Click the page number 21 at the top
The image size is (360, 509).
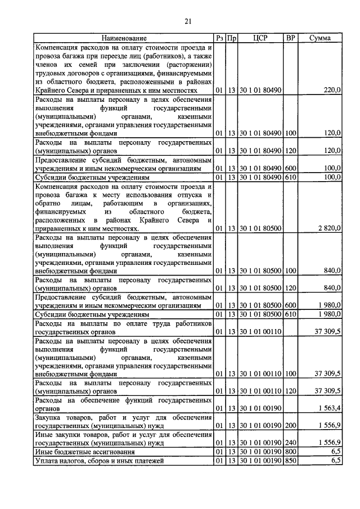[188, 21]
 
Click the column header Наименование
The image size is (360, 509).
[124, 38]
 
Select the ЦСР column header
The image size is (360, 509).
[260, 38]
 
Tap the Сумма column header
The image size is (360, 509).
[320, 38]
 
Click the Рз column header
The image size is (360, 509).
[219, 38]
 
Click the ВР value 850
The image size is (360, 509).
[290, 461]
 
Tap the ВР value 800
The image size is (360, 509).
[290, 452]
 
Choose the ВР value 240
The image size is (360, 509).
[290, 443]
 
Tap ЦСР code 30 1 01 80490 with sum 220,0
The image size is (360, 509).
[260, 89]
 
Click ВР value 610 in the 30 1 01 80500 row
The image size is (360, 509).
[290, 314]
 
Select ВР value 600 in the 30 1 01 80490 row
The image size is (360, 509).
[290, 168]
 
